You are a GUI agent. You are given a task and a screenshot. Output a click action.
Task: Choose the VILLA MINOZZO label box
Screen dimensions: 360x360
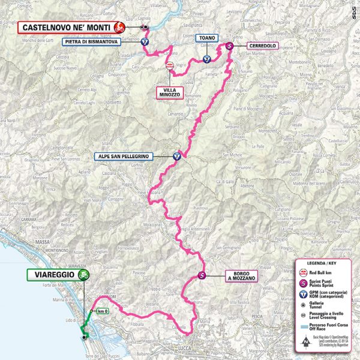point(169,92)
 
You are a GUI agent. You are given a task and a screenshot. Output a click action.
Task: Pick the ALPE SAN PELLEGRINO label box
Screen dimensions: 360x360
point(123,156)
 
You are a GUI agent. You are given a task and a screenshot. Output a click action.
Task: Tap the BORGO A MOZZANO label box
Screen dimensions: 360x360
point(242,277)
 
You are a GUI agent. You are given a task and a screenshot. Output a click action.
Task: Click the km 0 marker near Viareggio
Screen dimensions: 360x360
point(103,311)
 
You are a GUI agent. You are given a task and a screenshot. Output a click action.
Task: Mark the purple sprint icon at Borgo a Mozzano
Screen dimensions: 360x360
point(202,276)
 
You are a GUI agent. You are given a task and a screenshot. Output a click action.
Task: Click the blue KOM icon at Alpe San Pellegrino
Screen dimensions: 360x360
point(178,155)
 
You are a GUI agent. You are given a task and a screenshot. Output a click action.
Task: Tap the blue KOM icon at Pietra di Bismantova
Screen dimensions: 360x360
point(145,43)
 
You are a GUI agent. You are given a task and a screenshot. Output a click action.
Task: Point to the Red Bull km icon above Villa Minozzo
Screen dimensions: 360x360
point(170,66)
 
